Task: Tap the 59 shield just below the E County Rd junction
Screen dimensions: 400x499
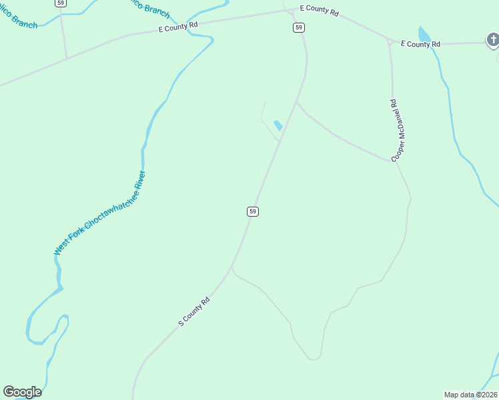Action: (298, 27)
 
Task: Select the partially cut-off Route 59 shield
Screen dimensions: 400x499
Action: (61, 3)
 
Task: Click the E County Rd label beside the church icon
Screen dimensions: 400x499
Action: (420, 44)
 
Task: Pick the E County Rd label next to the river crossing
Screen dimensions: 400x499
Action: (179, 26)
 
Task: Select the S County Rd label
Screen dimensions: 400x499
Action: (194, 311)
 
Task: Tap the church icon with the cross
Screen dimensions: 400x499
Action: (493, 41)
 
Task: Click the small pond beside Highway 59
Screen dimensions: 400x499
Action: (278, 125)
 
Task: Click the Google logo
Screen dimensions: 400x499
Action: (22, 392)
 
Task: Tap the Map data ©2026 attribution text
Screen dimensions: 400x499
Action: (470, 395)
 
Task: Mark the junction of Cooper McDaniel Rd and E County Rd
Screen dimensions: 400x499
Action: (388, 41)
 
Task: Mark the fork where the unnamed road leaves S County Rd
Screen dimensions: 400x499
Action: (231, 267)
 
